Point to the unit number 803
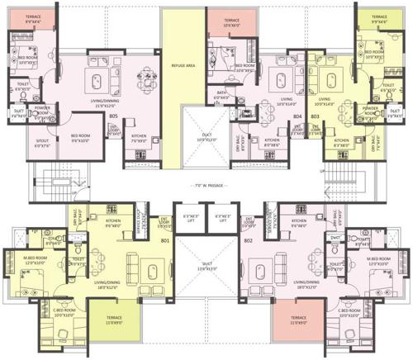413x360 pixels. [x=314, y=116]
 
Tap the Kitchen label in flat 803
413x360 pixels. [x=337, y=141]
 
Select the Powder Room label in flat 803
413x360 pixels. [x=370, y=110]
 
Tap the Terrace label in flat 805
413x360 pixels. [x=33, y=16]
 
